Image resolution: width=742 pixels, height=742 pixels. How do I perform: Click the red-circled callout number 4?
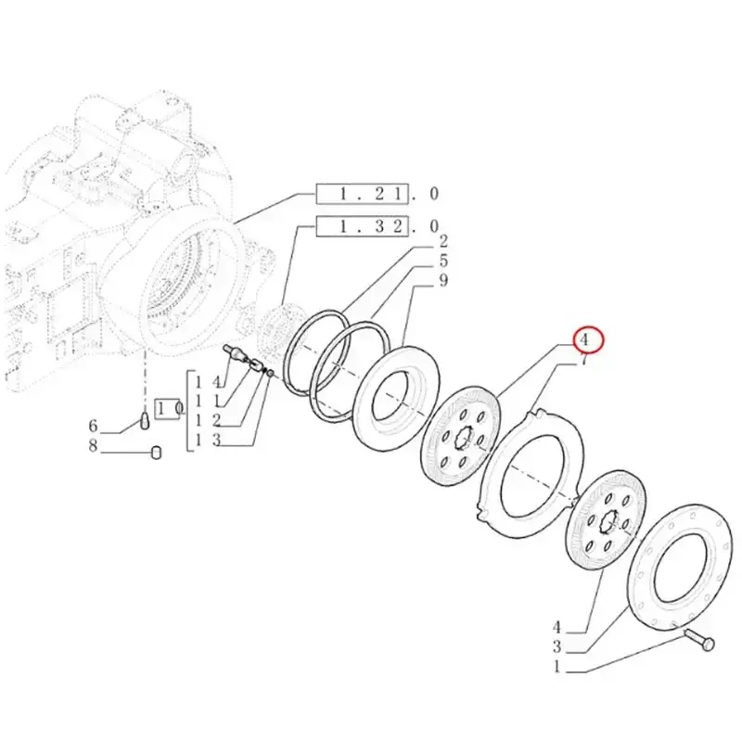point(584,339)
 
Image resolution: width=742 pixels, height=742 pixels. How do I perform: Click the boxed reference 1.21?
point(362,193)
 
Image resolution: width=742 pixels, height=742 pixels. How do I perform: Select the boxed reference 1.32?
point(362,226)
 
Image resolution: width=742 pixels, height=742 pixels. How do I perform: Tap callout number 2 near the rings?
point(443,241)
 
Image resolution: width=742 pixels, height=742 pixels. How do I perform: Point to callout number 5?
point(443,261)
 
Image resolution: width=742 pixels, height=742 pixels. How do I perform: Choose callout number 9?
point(443,280)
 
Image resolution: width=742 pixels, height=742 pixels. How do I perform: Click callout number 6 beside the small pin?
point(94,426)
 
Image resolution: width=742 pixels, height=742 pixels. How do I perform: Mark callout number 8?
point(94,445)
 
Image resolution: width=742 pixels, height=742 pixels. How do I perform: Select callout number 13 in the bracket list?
point(208,440)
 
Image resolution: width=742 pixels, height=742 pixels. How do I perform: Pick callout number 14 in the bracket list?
point(208,382)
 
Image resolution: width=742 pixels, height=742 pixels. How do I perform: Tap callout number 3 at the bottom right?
point(557,646)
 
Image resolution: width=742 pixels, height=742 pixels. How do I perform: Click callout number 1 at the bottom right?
point(557,667)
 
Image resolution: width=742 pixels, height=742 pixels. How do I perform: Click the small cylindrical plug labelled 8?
point(156,453)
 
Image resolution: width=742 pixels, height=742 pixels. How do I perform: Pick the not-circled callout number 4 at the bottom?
point(557,627)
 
